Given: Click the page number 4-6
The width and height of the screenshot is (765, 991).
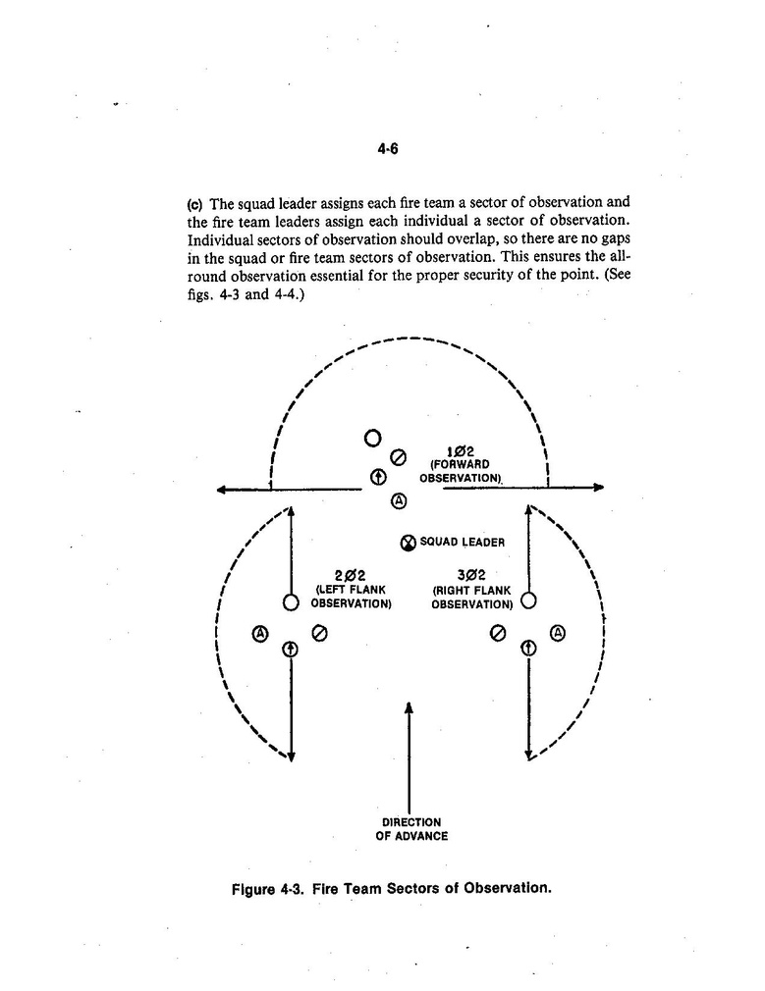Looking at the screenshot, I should click(x=388, y=150).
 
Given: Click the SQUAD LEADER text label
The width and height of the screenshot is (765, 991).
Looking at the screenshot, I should click(x=462, y=542).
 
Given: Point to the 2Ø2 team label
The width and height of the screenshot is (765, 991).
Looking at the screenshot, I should click(x=350, y=575).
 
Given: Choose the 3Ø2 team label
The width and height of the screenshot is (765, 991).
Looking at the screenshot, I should click(x=471, y=575).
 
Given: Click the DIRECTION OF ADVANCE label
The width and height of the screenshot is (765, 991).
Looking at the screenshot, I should click(x=411, y=829).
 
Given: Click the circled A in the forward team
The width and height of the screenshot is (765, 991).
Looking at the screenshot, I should click(x=399, y=500).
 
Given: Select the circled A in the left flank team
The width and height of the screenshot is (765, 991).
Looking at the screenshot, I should click(x=260, y=633).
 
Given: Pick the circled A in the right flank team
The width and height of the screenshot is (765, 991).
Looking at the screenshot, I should click(x=558, y=633).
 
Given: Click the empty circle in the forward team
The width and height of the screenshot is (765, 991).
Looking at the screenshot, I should click(x=372, y=438).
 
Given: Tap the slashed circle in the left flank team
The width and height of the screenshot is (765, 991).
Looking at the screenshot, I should click(x=319, y=633).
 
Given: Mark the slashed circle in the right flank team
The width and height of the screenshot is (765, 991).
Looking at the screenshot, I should click(x=498, y=633).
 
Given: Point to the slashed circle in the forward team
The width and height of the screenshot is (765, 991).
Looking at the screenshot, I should click(x=399, y=456).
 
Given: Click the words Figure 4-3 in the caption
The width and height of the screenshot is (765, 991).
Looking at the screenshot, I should click(x=265, y=889).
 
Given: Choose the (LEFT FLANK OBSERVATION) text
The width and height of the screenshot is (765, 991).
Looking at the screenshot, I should click(x=351, y=597).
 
